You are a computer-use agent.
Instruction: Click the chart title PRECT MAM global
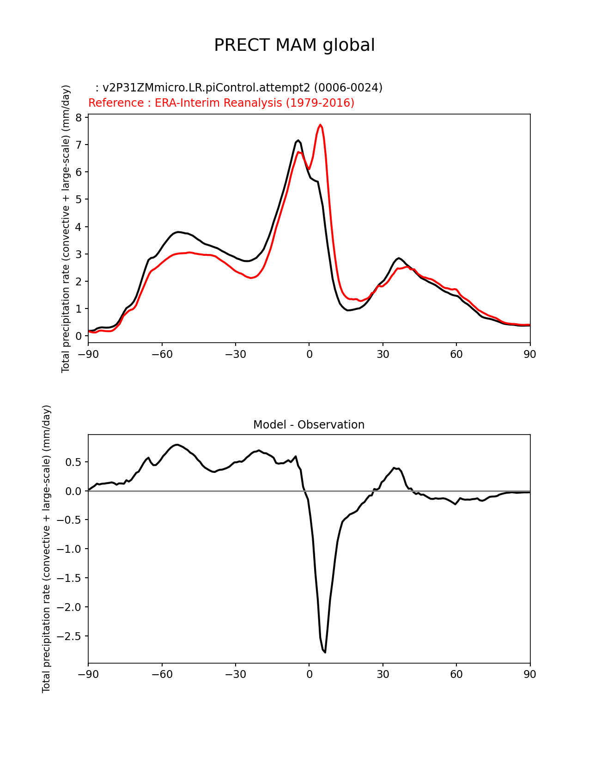(294, 45)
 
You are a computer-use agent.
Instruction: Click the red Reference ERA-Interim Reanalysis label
(221, 103)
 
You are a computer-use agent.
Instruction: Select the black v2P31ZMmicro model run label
(239, 88)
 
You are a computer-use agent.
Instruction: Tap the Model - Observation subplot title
(309, 425)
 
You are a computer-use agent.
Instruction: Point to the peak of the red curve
(320, 125)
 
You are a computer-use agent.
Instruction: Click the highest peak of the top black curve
(298, 140)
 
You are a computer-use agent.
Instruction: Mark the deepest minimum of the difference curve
(325, 652)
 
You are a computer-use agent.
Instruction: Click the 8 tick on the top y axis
(79, 118)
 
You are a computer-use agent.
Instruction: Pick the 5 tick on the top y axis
(79, 200)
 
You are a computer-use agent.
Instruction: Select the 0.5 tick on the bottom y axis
(74, 462)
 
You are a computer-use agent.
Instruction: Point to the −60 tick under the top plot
(162, 354)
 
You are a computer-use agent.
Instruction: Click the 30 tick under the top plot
(383, 354)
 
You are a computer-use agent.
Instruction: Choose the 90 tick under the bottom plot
(530, 675)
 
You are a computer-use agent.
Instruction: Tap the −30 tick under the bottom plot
(235, 675)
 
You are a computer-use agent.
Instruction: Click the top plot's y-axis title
(66, 229)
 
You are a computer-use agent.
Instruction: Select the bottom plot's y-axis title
(46, 549)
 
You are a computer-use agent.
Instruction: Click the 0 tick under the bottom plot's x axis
(309, 675)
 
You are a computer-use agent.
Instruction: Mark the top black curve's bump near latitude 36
(399, 258)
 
